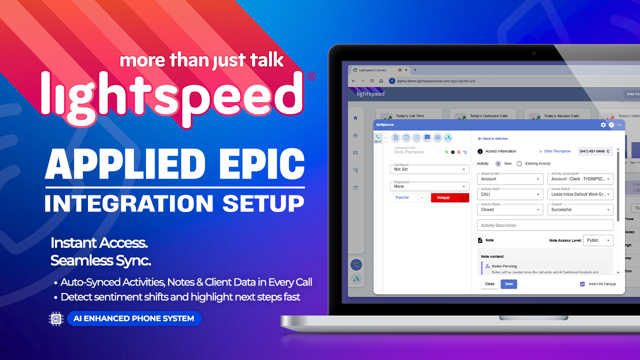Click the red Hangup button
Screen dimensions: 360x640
[443, 197]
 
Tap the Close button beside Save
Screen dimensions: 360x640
[489, 284]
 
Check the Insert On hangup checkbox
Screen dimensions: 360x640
[582, 284]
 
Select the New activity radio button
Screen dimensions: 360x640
[498, 163]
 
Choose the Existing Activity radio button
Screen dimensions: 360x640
[519, 163]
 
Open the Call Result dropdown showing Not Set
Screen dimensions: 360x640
[429, 169]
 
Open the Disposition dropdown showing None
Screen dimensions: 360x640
[429, 186]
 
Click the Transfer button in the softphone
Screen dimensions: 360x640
[402, 197]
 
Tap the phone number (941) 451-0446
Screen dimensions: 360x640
[592, 151]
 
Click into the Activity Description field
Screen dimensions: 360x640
[545, 225]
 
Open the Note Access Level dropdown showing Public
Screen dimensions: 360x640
[598, 240]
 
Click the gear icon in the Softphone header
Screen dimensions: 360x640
[603, 124]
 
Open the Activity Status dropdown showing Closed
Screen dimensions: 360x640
[510, 209]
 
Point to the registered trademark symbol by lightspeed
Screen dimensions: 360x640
[310, 76]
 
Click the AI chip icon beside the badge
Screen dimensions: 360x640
[56, 318]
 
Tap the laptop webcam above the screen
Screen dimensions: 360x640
[534, 53]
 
